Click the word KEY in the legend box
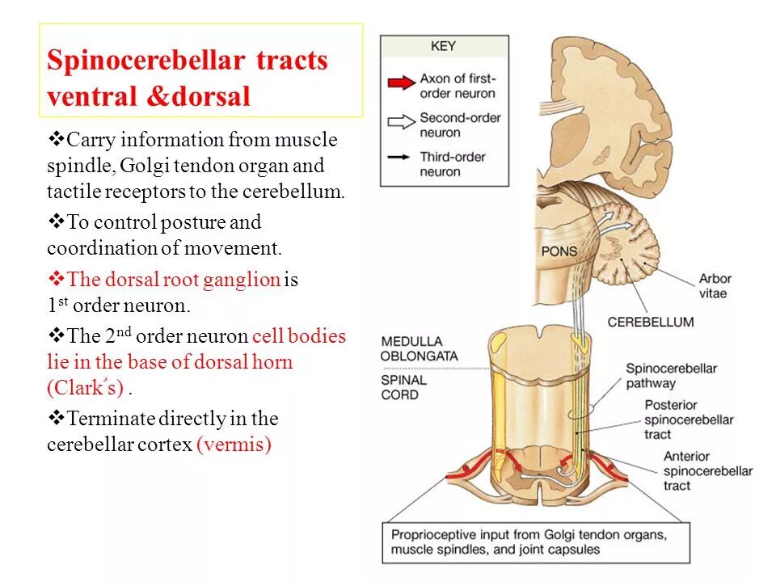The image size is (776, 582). (443, 46)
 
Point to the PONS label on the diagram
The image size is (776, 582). (559, 251)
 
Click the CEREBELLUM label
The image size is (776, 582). (650, 322)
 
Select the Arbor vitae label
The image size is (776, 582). (715, 286)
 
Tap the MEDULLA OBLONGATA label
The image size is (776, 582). (420, 348)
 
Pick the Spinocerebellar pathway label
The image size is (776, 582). (671, 376)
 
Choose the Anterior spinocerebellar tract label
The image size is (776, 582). (707, 471)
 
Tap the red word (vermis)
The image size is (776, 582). (234, 445)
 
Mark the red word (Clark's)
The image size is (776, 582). (86, 388)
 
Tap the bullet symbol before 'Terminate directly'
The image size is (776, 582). (57, 418)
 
